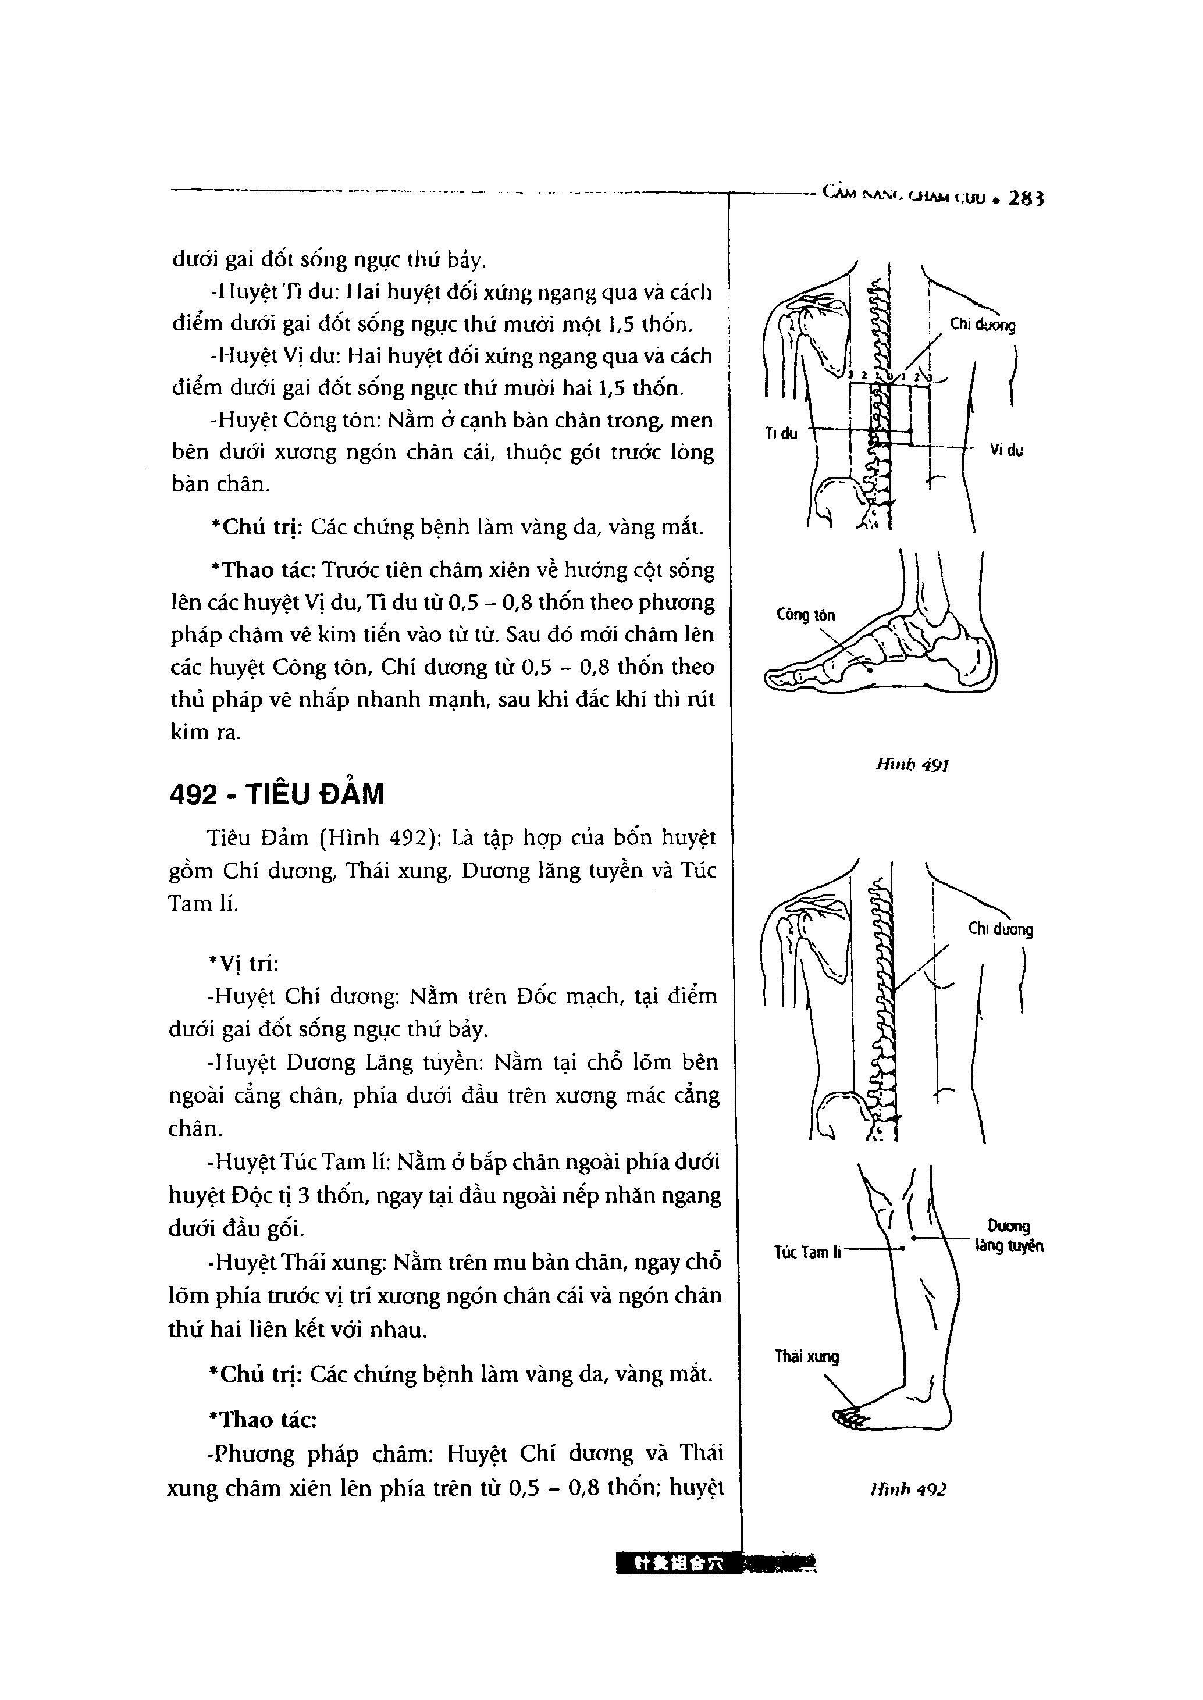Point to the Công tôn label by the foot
point(805,615)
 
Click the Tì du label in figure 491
point(781,434)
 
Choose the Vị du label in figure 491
point(1006,450)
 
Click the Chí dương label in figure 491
point(983,325)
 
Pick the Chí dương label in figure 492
point(1000,929)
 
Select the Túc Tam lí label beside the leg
point(807,1252)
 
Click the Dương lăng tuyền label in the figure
point(1009,1237)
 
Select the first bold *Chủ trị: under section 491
point(258,527)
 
